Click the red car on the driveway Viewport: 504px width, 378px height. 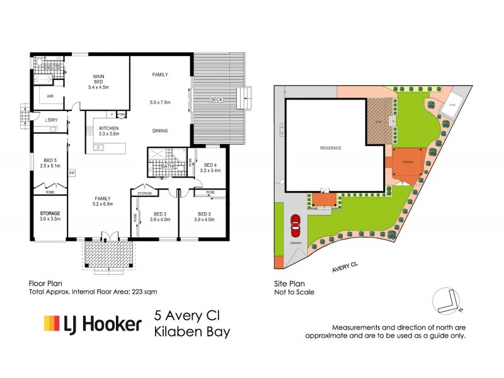coord(294,224)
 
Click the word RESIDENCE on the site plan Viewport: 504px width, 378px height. coord(331,148)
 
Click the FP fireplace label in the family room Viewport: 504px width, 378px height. coord(72,173)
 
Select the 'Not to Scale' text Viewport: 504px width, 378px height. coord(294,292)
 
